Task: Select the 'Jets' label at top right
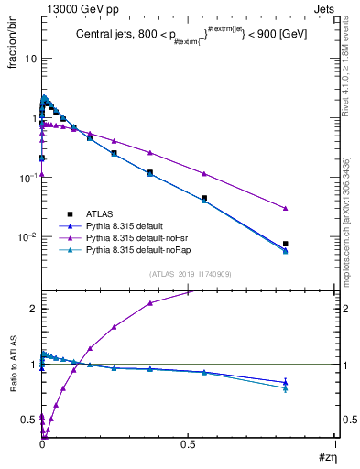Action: (x=325, y=8)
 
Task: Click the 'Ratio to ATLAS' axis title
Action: (x=13, y=365)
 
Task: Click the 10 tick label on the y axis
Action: (x=29, y=58)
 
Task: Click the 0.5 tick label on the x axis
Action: (x=188, y=444)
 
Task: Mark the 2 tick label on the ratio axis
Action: (x=32, y=309)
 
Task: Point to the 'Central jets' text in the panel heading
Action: (x=103, y=33)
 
